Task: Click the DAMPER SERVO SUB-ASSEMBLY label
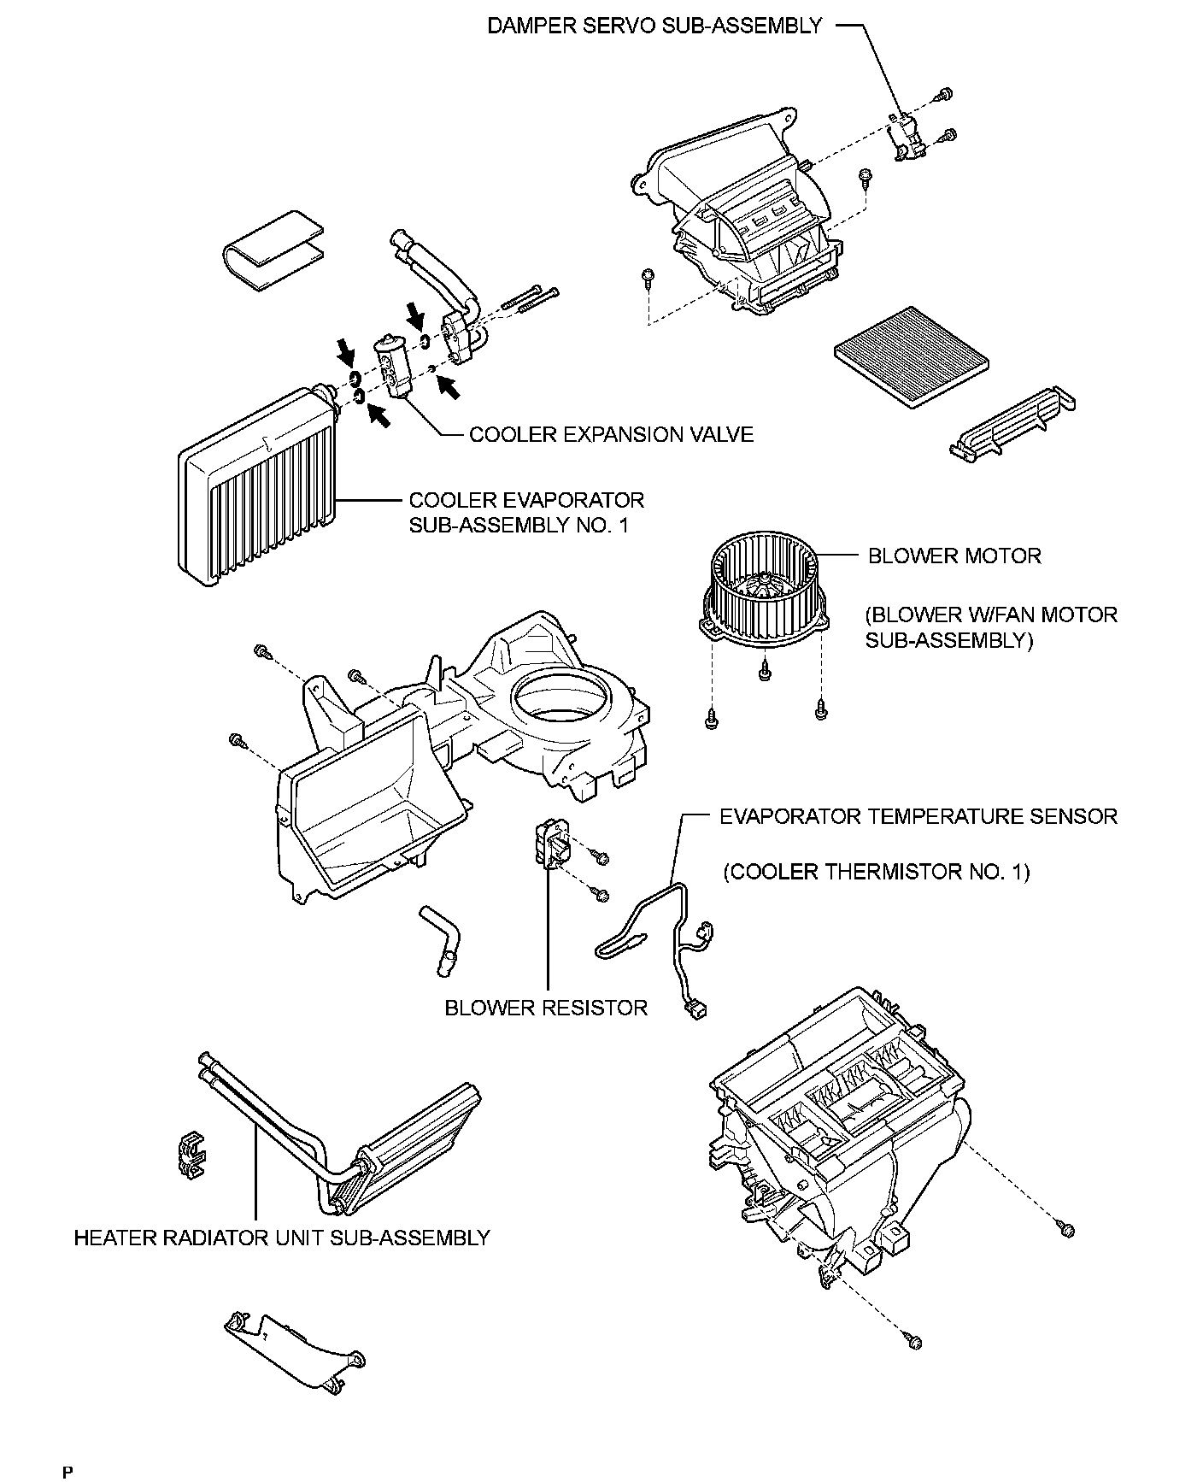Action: pos(654,26)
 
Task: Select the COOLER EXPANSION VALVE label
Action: pos(611,434)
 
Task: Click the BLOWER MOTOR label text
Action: pos(954,556)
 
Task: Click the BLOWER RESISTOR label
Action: pos(546,1008)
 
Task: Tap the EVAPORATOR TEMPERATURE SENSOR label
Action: pos(918,816)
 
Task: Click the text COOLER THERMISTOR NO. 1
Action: pos(877,872)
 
